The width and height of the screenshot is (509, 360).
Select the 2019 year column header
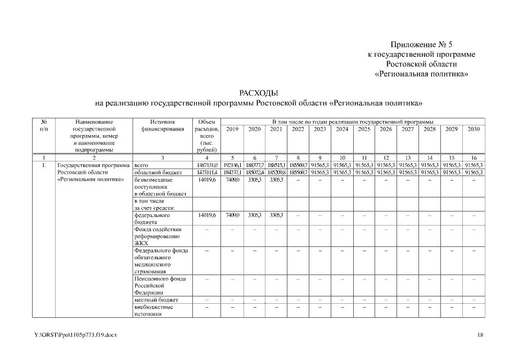pyautogui.click(x=233, y=129)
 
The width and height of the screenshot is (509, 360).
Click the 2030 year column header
pyautogui.click(x=474, y=129)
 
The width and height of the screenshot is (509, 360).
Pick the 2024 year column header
pyautogui.click(x=342, y=129)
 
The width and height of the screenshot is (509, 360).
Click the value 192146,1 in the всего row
pyautogui.click(x=233, y=165)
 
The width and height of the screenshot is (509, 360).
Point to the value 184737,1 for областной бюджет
pyautogui.click(x=233, y=172)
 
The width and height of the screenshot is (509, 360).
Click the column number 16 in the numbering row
pyautogui.click(x=474, y=157)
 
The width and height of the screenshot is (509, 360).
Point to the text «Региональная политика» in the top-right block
pyautogui.click(x=421, y=74)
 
